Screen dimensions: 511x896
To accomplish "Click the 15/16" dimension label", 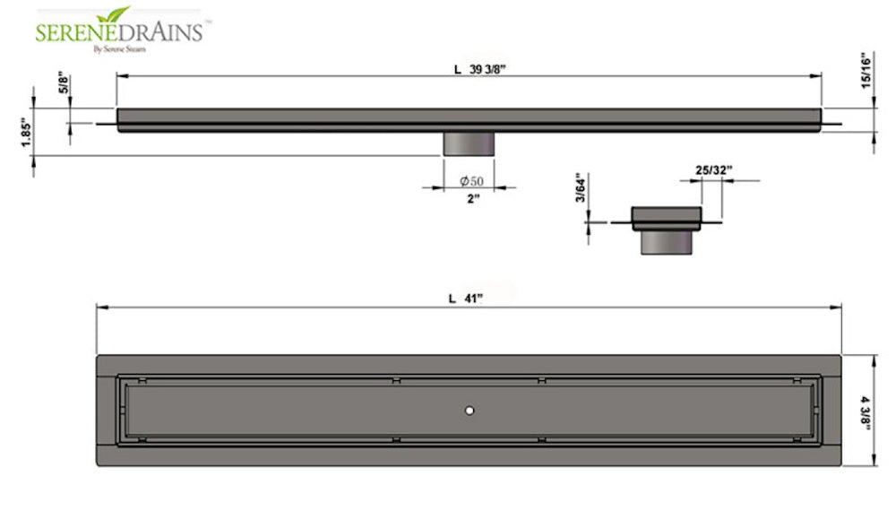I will [x=866, y=71].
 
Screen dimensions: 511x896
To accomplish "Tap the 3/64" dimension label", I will [x=580, y=189].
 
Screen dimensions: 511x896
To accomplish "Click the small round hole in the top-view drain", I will [x=469, y=410].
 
